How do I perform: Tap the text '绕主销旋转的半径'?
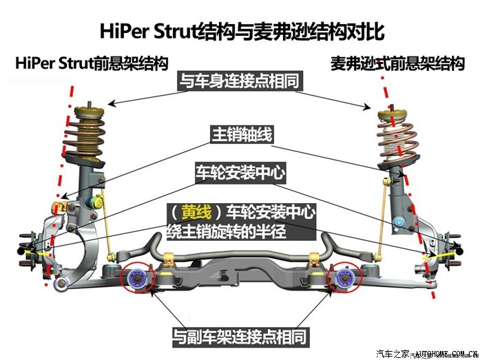click(x=227, y=231)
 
